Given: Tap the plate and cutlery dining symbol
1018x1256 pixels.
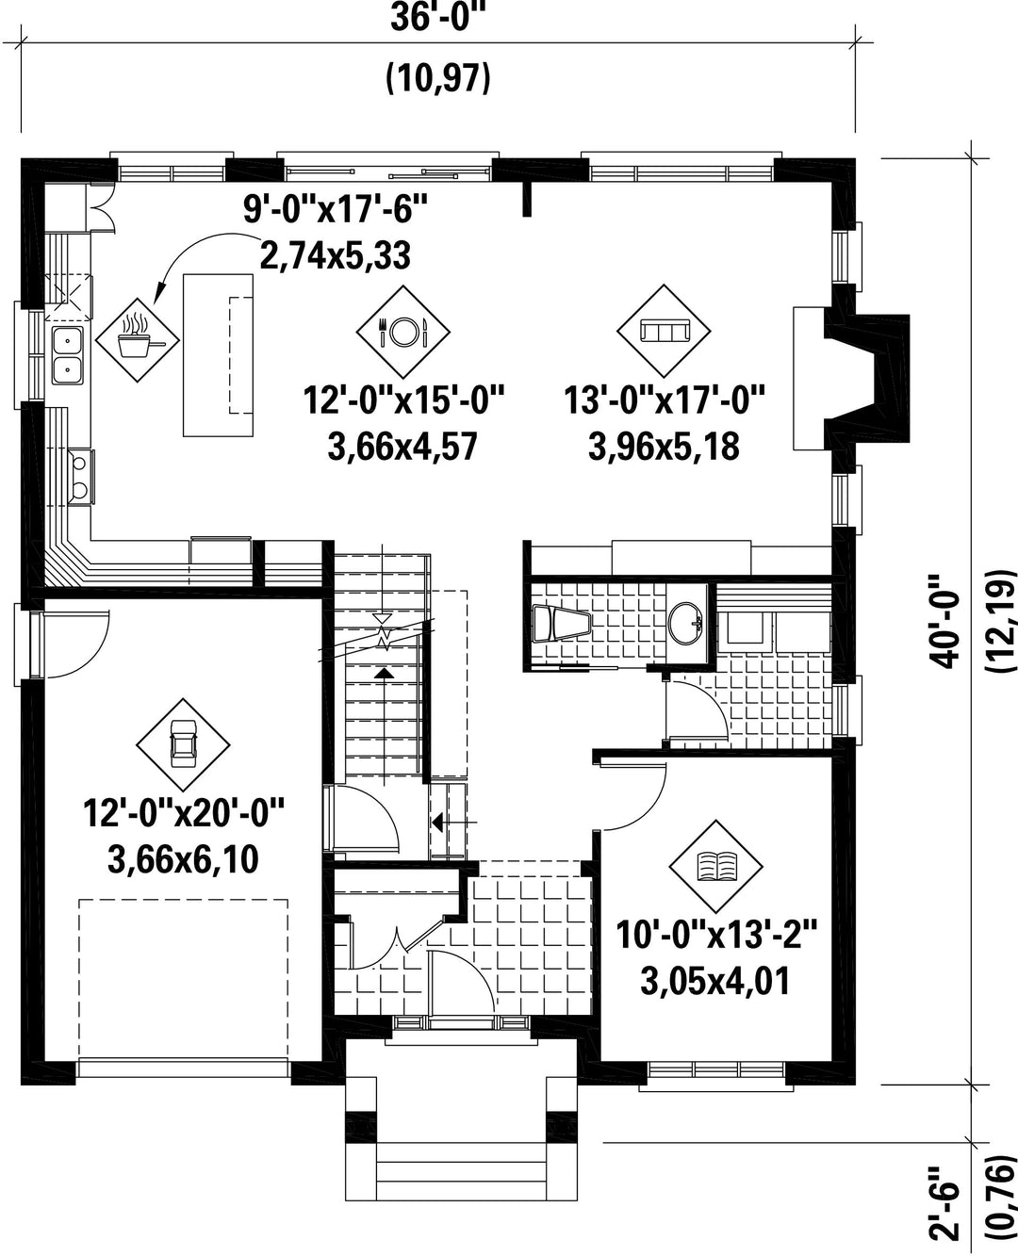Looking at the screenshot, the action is click(402, 331).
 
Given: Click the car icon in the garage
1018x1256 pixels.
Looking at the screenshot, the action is click(183, 744).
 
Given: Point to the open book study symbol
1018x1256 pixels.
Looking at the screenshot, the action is click(716, 866).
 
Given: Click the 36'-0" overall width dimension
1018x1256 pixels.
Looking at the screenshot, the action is click(437, 18).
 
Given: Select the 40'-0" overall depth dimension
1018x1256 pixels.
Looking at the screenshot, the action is click(944, 622).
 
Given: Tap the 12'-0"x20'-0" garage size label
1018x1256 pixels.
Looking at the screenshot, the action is click(184, 812).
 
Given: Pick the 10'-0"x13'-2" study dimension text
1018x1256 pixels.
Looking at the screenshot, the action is click(716, 934).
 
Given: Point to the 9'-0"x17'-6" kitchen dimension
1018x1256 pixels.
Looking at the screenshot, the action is click(335, 209).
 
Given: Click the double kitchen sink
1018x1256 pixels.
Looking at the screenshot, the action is click(67, 355).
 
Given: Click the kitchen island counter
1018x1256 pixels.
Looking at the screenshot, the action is click(218, 355).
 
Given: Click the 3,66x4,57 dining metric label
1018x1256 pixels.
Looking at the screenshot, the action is click(402, 447).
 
